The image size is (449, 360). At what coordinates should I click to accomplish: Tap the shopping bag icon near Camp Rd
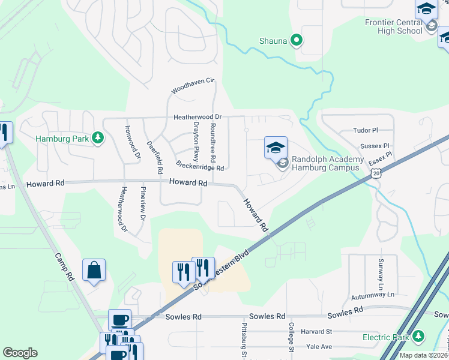coord(94,271)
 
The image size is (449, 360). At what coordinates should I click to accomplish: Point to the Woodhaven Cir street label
coord(192,86)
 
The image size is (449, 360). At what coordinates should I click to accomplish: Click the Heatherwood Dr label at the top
coord(197,117)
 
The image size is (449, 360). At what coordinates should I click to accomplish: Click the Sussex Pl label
coord(375,146)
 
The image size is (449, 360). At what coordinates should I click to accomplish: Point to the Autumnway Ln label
coord(373,295)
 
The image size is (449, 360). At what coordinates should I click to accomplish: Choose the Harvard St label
coord(316,331)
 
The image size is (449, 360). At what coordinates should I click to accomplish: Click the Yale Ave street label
coord(318,347)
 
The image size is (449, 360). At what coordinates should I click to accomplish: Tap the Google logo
coord(20,353)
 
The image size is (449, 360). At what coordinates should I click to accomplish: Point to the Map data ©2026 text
coord(423,355)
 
